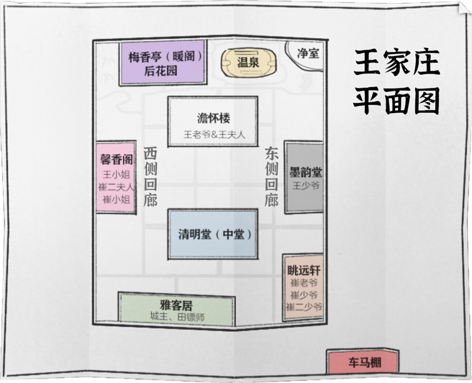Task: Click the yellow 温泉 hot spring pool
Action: pyautogui.click(x=248, y=63)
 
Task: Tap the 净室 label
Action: pyautogui.click(x=308, y=53)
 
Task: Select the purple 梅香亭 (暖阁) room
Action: pyautogui.click(x=163, y=63)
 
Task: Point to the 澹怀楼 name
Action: pyautogui.click(x=213, y=118)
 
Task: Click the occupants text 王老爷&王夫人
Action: pyautogui.click(x=214, y=134)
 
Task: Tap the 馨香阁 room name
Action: pyautogui.click(x=116, y=159)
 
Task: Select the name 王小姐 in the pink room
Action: pyautogui.click(x=116, y=175)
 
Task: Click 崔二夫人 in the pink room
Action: pyautogui.click(x=116, y=187)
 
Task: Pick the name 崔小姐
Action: pyautogui.click(x=116, y=200)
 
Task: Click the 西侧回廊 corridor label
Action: pyautogui.click(x=150, y=177)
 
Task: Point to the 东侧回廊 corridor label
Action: pyautogui.click(x=271, y=177)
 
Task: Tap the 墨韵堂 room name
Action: pyautogui.click(x=306, y=172)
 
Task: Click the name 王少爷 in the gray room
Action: pyautogui.click(x=306, y=185)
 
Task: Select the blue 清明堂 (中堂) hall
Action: pyautogui.click(x=213, y=234)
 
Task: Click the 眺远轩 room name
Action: pyautogui.click(x=304, y=271)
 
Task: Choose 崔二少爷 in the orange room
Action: pyautogui.click(x=304, y=307)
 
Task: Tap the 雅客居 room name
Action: pyautogui.click(x=176, y=306)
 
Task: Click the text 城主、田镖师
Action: pyautogui.click(x=177, y=317)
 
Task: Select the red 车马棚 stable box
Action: pyautogui.click(x=363, y=362)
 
